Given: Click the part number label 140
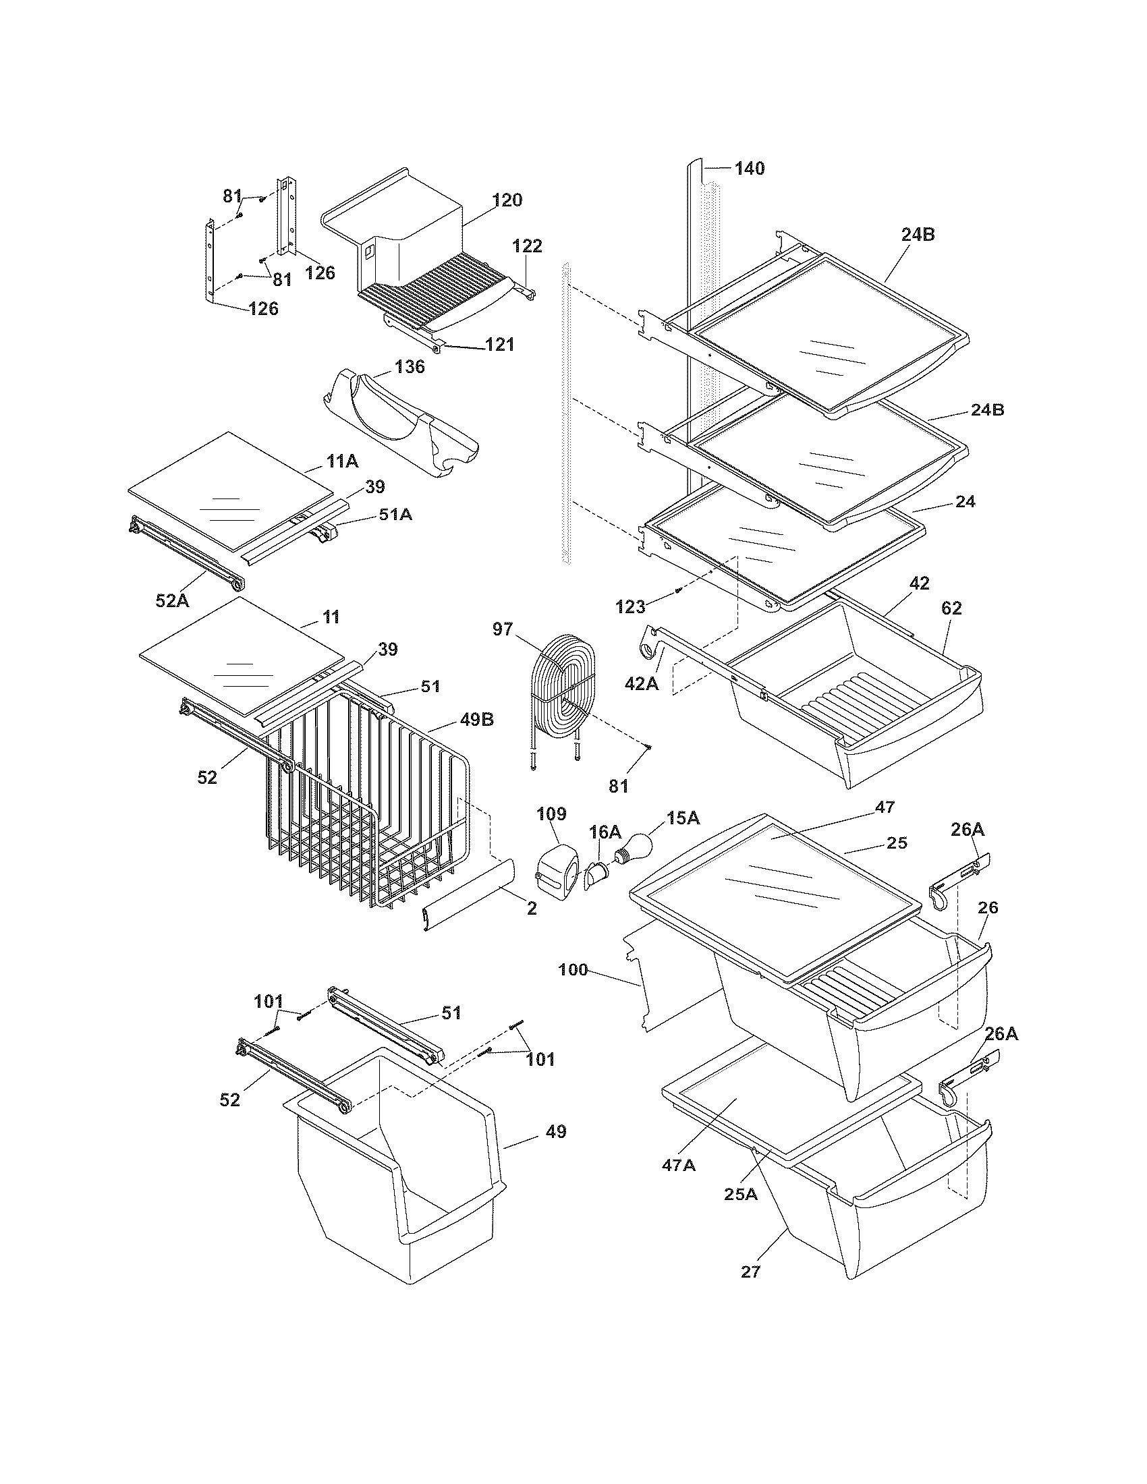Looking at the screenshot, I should pyautogui.click(x=749, y=168).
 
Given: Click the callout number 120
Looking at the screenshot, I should pyautogui.click(x=507, y=200).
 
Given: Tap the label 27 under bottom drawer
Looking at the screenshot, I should pyautogui.click(x=750, y=1272).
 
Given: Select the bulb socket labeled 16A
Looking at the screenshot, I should pyautogui.click(x=596, y=872).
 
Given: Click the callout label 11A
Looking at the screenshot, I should pyautogui.click(x=343, y=461).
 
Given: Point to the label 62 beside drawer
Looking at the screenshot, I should pyautogui.click(x=951, y=608).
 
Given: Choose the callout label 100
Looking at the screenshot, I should pyautogui.click(x=572, y=969).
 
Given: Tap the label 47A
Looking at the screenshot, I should pyautogui.click(x=679, y=1165).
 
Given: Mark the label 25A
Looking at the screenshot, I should pyautogui.click(x=741, y=1193).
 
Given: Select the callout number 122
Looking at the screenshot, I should pyautogui.click(x=528, y=246).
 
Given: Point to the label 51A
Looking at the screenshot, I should pyautogui.click(x=395, y=515).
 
